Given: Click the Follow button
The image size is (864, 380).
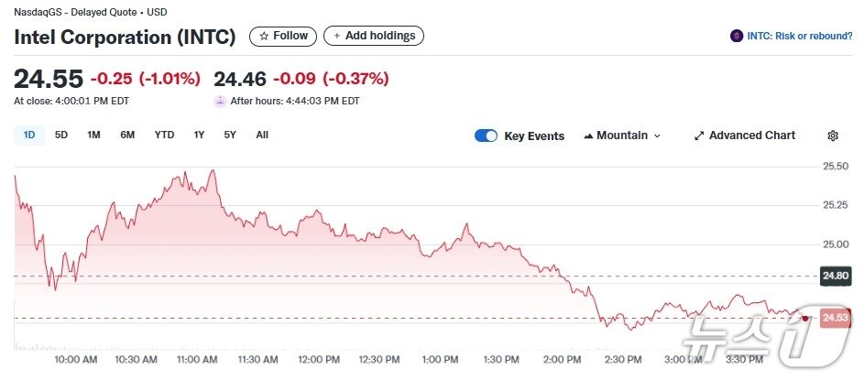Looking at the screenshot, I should pyautogui.click(x=283, y=36).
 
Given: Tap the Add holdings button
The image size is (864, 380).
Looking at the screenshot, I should pyautogui.click(x=374, y=36).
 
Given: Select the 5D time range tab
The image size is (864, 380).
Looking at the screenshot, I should pyautogui.click(x=61, y=136).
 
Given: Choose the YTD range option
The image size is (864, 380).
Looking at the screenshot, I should pyautogui.click(x=164, y=136).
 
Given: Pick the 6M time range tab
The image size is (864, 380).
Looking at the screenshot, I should pyautogui.click(x=127, y=136).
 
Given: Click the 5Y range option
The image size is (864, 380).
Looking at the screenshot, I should pyautogui.click(x=230, y=136).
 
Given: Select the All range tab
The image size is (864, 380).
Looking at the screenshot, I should pyautogui.click(x=262, y=136).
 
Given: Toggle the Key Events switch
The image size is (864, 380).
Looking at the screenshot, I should pyautogui.click(x=486, y=136).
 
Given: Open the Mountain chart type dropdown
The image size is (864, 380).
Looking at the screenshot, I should pyautogui.click(x=622, y=136).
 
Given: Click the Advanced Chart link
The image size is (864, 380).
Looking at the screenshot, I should pyautogui.click(x=744, y=136).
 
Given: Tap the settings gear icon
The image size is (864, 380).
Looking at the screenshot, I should pyautogui.click(x=833, y=136).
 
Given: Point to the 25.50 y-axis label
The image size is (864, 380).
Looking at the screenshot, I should pyautogui.click(x=836, y=166).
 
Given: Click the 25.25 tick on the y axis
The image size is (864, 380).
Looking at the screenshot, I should pyautogui.click(x=836, y=205).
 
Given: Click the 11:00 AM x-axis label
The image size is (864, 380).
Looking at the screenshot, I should pyautogui.click(x=197, y=359).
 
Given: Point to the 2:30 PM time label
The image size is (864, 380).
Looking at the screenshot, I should pyautogui.click(x=622, y=359).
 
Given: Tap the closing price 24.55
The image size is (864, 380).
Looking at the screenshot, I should pyautogui.click(x=49, y=79).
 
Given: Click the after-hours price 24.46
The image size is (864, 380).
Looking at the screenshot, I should pyautogui.click(x=240, y=79).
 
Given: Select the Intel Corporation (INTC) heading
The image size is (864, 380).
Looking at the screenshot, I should pyautogui.click(x=125, y=38).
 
